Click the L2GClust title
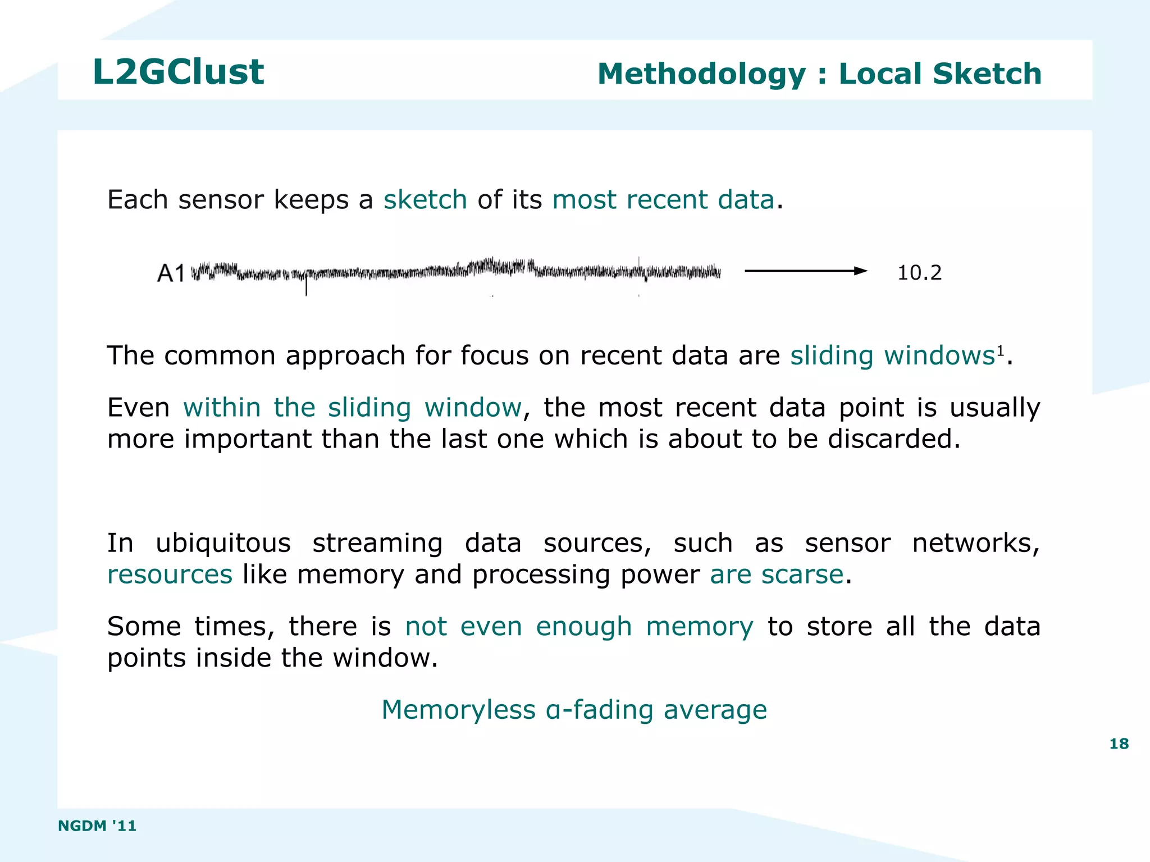click(x=178, y=72)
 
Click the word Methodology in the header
click(x=701, y=74)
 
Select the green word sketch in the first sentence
click(x=425, y=199)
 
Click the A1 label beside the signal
click(x=171, y=273)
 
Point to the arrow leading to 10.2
click(x=805, y=271)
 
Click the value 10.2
click(x=919, y=273)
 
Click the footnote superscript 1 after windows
click(x=1000, y=351)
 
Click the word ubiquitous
click(x=223, y=543)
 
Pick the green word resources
click(x=170, y=574)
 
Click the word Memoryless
click(x=458, y=709)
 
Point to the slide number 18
click(x=1119, y=744)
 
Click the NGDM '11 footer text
click(x=97, y=825)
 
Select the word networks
click(x=975, y=543)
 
